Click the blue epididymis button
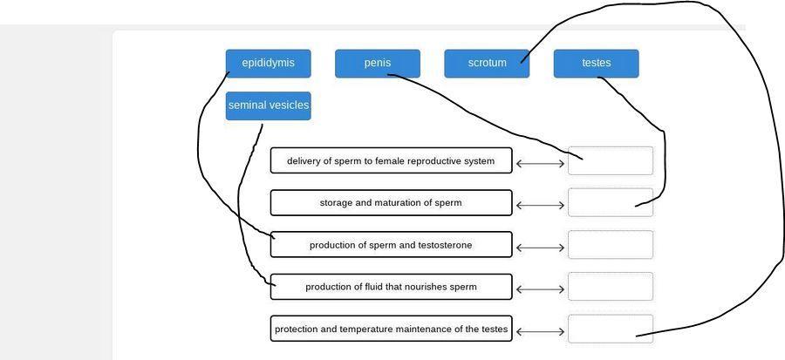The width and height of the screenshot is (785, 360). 268,64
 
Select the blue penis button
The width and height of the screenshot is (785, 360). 377,64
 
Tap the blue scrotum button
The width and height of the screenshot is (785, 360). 486,64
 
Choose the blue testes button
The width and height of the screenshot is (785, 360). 596,64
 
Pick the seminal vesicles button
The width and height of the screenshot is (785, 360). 268,105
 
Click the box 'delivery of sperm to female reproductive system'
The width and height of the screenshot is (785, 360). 391,160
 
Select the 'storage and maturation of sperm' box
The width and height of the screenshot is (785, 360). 391,202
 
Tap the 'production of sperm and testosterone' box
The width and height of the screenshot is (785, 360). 391,245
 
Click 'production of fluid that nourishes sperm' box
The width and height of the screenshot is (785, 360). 391,287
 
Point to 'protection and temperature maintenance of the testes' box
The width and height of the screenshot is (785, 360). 391,329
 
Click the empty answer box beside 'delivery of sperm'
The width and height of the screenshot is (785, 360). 611,160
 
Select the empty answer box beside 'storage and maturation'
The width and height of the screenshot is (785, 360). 611,202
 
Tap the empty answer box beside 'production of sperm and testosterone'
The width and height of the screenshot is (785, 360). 611,245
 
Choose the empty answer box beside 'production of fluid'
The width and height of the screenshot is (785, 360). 611,287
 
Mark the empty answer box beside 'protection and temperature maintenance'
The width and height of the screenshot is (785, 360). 611,329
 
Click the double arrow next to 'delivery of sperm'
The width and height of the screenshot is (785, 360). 540,163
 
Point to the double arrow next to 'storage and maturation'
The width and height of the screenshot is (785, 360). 540,206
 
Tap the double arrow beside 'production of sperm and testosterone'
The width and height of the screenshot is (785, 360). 540,248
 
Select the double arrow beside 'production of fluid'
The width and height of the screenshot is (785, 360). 540,289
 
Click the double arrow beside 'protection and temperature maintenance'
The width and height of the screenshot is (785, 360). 540,331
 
